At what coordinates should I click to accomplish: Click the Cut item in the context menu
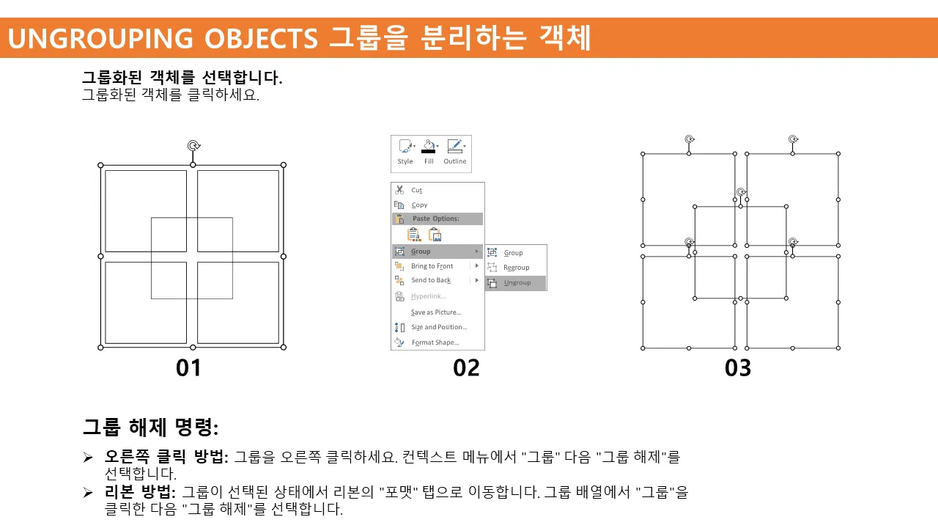[x=417, y=190]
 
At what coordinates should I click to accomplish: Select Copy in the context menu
[x=419, y=205]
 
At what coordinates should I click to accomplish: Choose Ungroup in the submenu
[x=517, y=283]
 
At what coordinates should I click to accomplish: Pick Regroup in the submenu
[x=517, y=268]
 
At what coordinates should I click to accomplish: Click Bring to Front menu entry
[x=432, y=266]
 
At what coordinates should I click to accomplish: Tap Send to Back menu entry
[x=431, y=280]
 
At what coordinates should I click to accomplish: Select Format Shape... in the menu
[x=435, y=342]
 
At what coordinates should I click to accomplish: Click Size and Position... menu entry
[x=439, y=327]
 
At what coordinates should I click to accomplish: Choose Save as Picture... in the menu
[x=436, y=312]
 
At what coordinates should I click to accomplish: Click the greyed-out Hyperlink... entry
[x=428, y=296]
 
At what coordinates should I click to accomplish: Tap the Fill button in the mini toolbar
[x=429, y=152]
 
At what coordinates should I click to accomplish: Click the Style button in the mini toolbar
[x=405, y=152]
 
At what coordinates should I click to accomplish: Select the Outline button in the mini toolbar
[x=455, y=152]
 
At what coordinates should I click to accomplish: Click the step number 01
[x=188, y=368]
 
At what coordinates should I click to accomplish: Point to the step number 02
[x=466, y=368]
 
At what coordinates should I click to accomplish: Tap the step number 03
[x=738, y=368]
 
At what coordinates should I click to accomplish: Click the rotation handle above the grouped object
[x=193, y=145]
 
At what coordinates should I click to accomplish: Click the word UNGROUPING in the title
[x=100, y=39]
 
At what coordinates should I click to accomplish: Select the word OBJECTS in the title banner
[x=261, y=39]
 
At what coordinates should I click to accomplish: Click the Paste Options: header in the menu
[x=435, y=219]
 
